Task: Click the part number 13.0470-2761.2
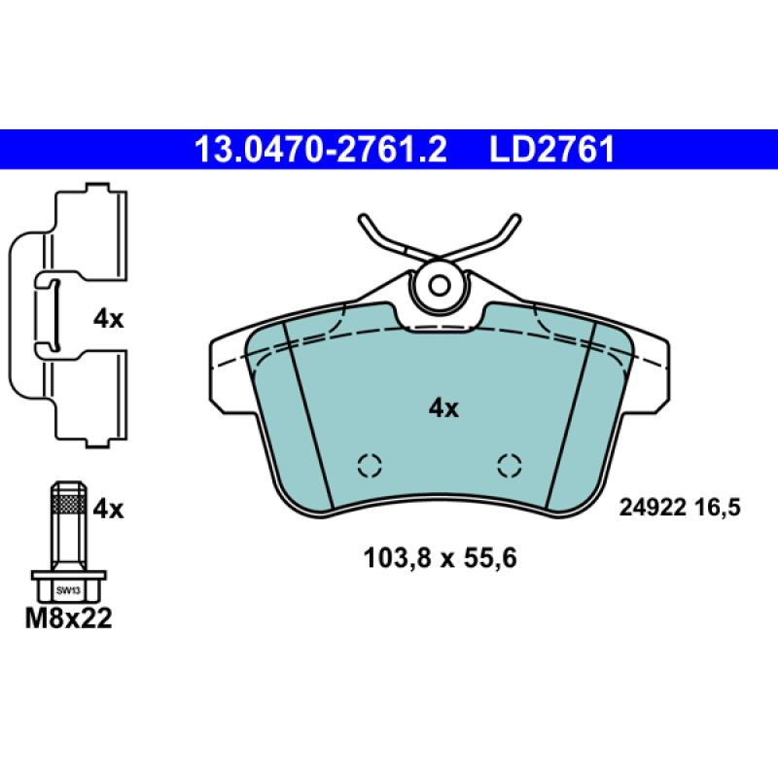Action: coord(321,150)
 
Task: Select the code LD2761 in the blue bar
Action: coord(552,150)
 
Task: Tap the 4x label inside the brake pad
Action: coord(443,408)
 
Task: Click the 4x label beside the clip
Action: coord(108,319)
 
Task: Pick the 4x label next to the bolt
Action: coord(108,509)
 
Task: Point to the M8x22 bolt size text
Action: coord(68,619)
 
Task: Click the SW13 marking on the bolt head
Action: coord(68,590)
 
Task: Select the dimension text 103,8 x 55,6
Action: coord(441,557)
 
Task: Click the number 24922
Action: coord(653,508)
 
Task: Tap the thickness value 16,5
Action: coord(718,508)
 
